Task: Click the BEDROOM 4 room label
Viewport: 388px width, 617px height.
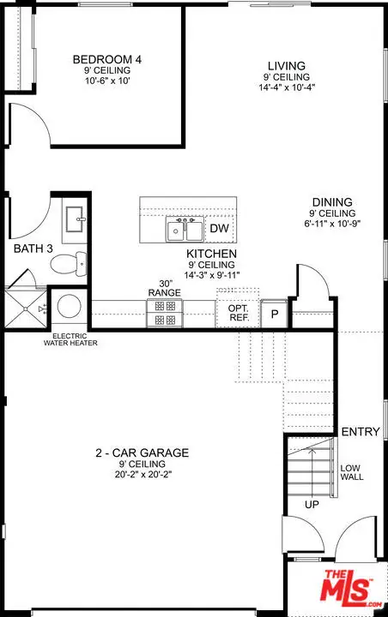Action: coord(107,59)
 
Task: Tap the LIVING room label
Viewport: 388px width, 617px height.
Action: coord(287,66)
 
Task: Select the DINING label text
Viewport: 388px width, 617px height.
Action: coord(332,202)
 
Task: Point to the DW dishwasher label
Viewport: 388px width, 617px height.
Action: coord(219,228)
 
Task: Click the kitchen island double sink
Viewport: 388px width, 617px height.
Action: coord(185,229)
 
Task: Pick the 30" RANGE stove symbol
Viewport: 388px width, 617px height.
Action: coord(165,313)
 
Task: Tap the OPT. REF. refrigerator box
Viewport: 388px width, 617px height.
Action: coord(238,313)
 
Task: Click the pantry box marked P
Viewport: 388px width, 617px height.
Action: coord(275,314)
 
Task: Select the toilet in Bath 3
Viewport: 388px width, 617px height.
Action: coord(68,264)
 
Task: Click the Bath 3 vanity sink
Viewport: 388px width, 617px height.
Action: coord(75,219)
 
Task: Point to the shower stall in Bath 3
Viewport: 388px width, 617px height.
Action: coord(25,308)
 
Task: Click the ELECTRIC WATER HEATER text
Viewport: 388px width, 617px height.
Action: coord(70,339)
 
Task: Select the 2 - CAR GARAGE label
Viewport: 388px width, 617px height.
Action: coord(142,453)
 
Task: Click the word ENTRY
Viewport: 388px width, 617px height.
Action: coord(361,432)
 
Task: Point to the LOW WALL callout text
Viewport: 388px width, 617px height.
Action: coord(352,472)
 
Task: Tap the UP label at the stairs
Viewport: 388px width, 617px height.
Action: coord(312,505)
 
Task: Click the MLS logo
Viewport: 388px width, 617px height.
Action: coord(351,588)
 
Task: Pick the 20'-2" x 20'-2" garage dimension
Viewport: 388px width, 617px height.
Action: coord(143,475)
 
